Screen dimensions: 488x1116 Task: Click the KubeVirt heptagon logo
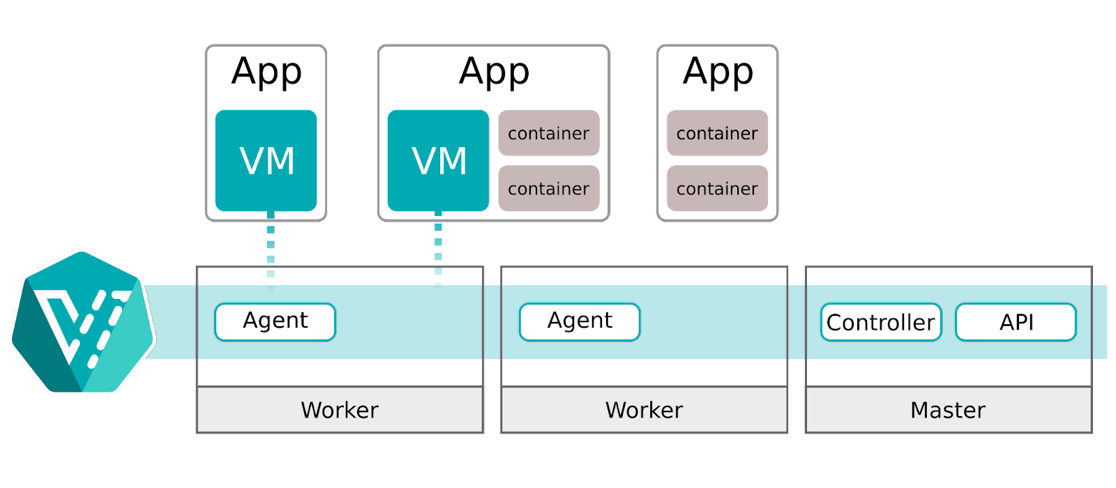pyautogui.click(x=82, y=322)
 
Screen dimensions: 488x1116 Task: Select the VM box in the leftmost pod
pyautogui.click(x=266, y=160)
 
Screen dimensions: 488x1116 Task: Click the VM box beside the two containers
pyautogui.click(x=438, y=160)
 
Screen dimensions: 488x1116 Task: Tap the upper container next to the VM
pyautogui.click(x=548, y=133)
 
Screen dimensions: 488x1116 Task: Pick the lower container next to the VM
pyautogui.click(x=548, y=188)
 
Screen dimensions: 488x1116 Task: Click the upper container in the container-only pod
pyautogui.click(x=717, y=133)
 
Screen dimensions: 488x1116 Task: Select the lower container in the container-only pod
pyautogui.click(x=717, y=188)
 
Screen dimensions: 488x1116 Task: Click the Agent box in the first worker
pyautogui.click(x=275, y=321)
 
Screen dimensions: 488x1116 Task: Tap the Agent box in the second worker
pyautogui.click(x=579, y=321)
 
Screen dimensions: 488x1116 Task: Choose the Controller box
pyautogui.click(x=880, y=322)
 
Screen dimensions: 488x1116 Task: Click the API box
pyautogui.click(x=1016, y=322)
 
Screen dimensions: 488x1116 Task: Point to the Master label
pyautogui.click(x=948, y=410)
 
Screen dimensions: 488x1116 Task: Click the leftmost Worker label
pyautogui.click(x=340, y=410)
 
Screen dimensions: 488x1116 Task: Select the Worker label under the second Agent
pyautogui.click(x=644, y=410)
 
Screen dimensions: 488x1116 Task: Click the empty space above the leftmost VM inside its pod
pyautogui.click(x=266, y=77)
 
